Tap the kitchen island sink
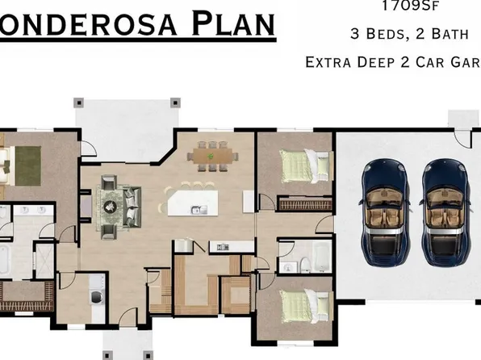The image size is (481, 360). point(196,211)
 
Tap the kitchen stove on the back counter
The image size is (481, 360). point(184,245)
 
